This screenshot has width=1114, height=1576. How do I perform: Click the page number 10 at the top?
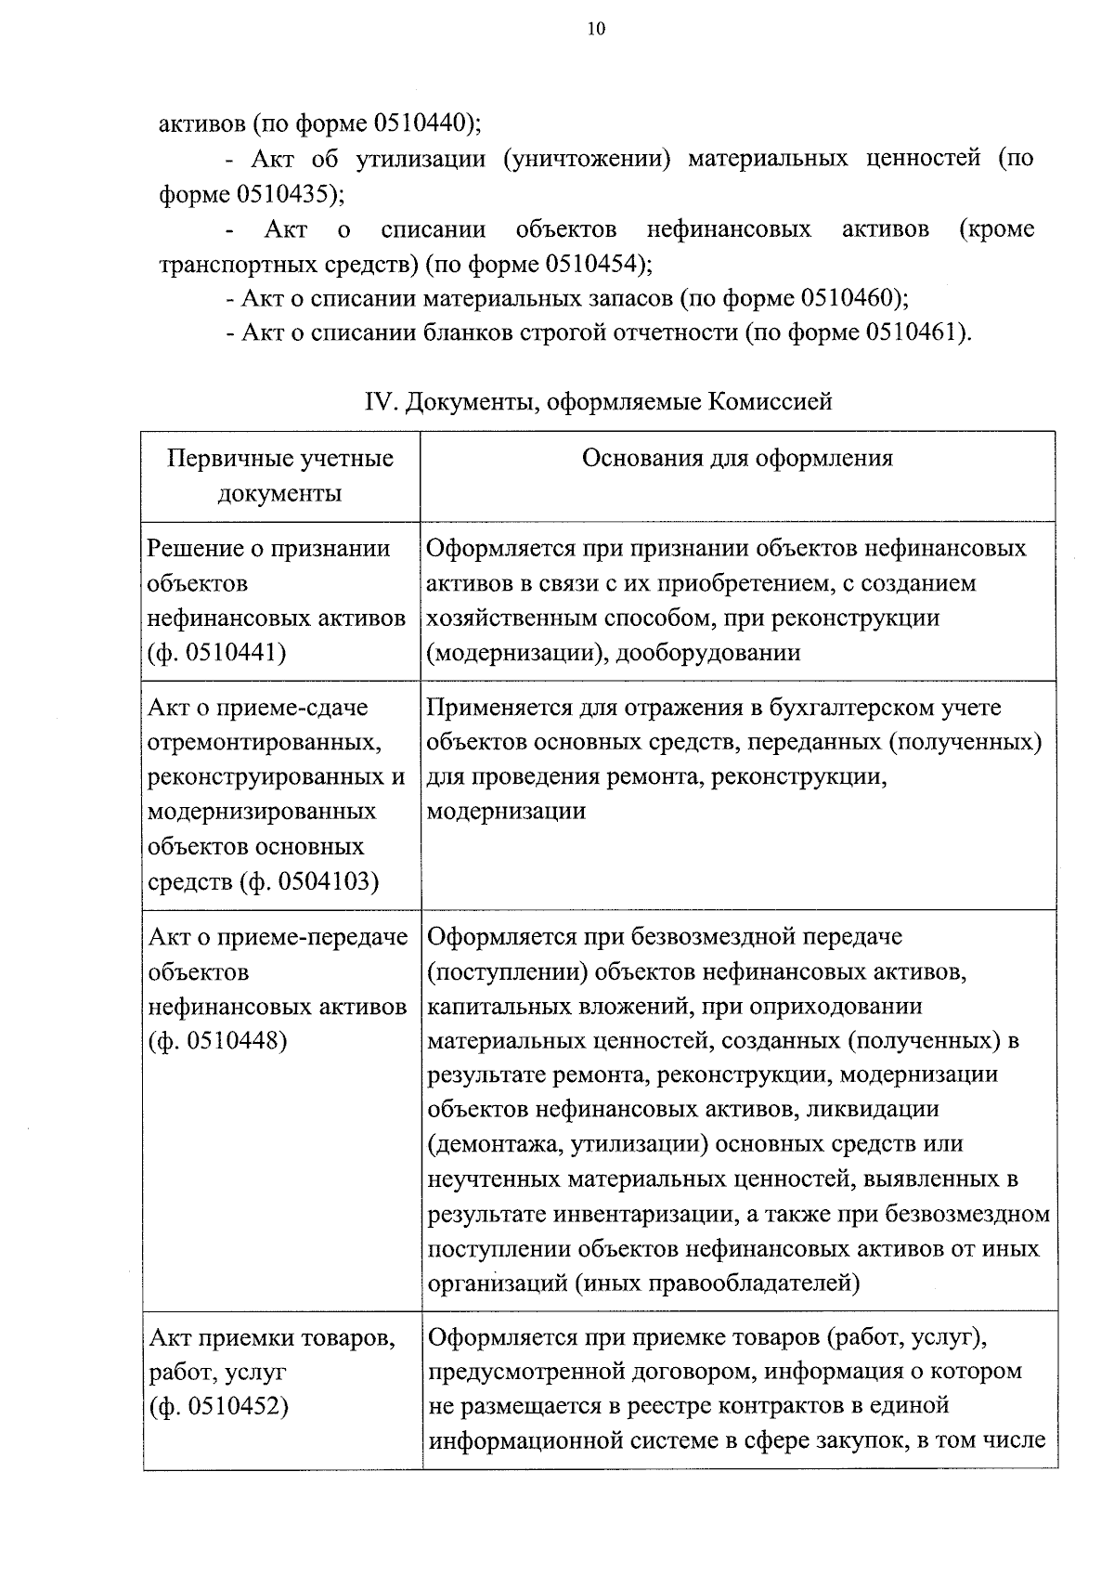coord(596,30)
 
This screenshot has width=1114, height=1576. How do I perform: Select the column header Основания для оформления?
coord(737,458)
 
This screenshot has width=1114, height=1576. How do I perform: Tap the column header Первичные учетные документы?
coord(280,475)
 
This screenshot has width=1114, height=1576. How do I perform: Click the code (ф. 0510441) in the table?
coord(217,653)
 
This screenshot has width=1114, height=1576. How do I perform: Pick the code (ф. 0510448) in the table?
coord(217,1041)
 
